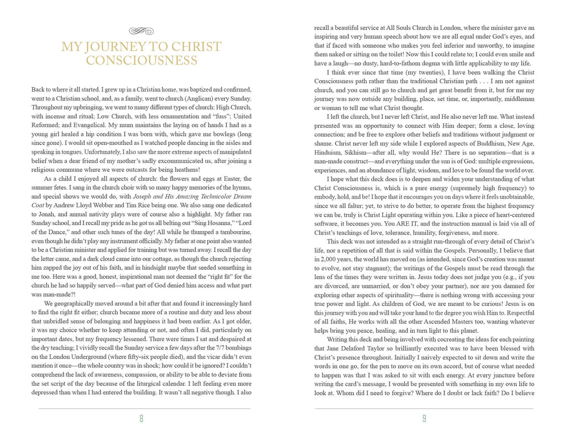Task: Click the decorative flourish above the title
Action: click(141, 30)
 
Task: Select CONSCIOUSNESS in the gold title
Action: click(141, 61)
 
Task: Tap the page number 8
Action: click(141, 419)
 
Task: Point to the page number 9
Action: click(424, 419)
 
